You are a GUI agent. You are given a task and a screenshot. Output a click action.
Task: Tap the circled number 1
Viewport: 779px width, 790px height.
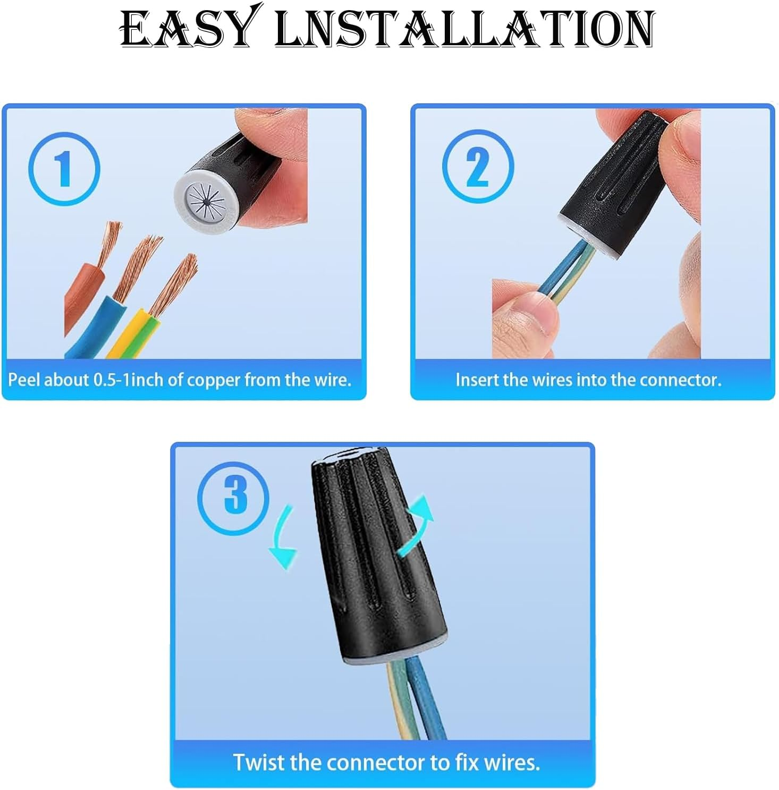64,169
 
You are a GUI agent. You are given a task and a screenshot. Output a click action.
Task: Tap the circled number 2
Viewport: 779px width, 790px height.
478,167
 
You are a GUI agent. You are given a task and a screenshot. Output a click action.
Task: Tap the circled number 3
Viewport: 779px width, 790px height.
233,498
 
